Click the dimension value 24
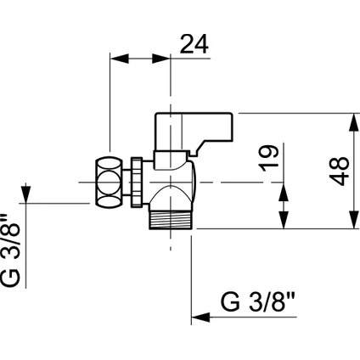tap(194, 44)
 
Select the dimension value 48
tap(339, 171)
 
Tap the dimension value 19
tap(269, 158)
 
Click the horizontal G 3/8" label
tap(258, 302)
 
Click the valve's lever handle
tap(194, 134)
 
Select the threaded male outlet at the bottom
tap(171, 220)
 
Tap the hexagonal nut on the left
tap(109, 183)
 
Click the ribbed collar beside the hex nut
tap(137, 183)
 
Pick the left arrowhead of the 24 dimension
tap(119, 59)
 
